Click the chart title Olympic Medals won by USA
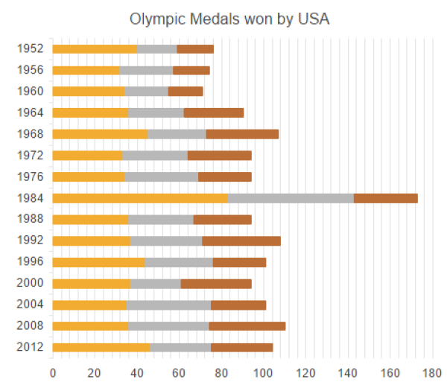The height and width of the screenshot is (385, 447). pos(229,19)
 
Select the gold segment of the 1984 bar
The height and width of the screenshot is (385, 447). pos(140,198)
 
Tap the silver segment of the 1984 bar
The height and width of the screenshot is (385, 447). pos(291,198)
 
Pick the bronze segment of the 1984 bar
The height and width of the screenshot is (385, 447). pos(385,198)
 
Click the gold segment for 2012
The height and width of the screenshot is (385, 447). pos(101,347)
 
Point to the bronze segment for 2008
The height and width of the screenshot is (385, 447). pos(247,325)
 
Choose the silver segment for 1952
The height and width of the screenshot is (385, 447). pos(156,49)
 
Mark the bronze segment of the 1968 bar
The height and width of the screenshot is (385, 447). pos(242,134)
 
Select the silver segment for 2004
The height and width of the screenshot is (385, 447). pos(168,305)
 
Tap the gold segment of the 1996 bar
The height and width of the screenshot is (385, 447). pos(98,262)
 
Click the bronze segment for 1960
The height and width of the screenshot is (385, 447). pos(186,92)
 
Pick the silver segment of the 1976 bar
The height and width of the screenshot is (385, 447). pos(162,177)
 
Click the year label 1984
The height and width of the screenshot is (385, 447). pos(29,198)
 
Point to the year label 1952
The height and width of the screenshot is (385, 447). pos(29,49)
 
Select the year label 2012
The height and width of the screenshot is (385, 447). pos(29,347)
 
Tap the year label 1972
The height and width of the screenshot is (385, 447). pos(29,156)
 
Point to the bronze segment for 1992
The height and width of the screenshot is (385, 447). pos(241,241)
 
